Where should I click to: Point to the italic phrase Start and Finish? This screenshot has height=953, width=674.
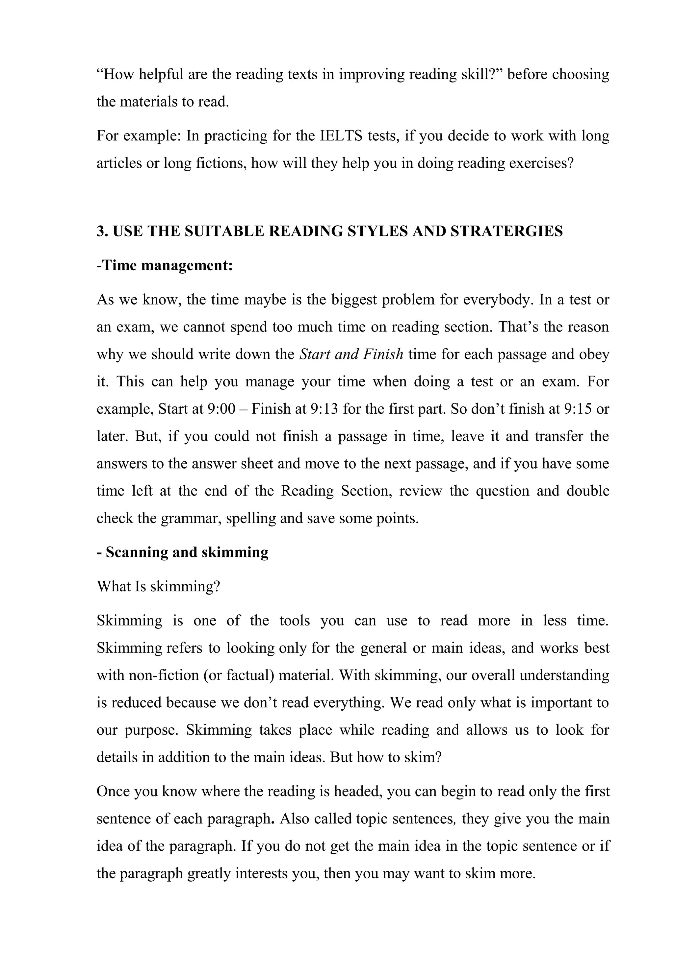(351, 354)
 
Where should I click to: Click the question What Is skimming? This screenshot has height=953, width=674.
(158, 586)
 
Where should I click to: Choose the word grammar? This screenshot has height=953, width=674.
(191, 518)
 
